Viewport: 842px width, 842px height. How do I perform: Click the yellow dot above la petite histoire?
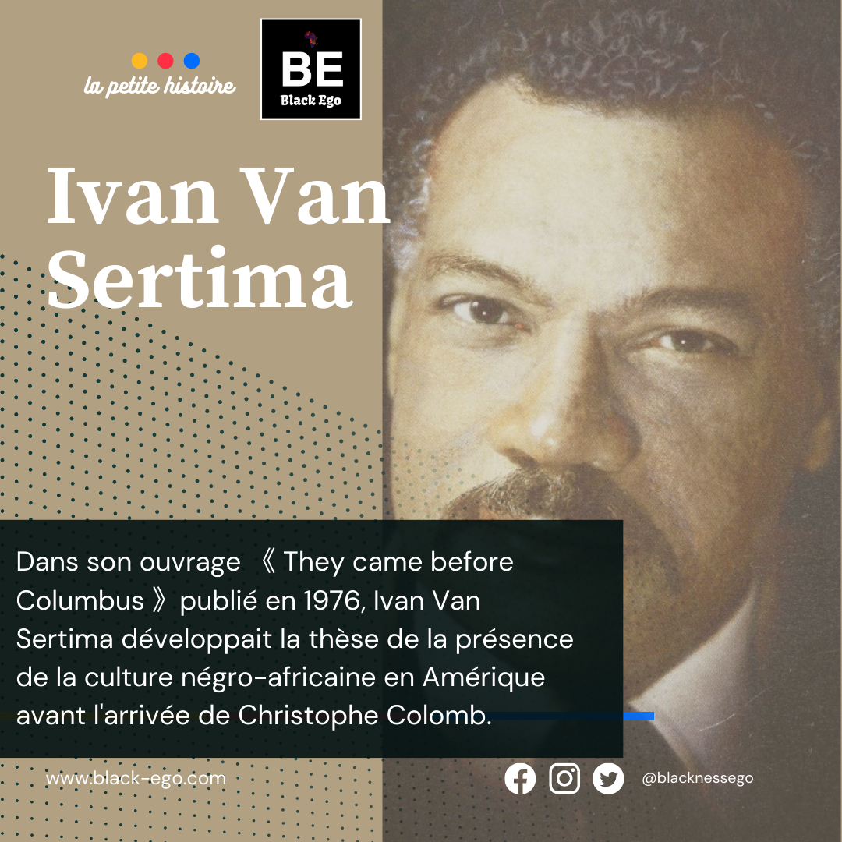[x=139, y=61]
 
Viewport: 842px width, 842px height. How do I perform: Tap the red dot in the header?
[x=165, y=61]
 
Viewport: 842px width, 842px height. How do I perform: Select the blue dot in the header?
[x=192, y=61]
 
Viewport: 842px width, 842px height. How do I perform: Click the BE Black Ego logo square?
[x=310, y=69]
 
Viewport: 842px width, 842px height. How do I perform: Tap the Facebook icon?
[x=520, y=778]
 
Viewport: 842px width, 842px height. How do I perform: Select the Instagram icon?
[x=564, y=778]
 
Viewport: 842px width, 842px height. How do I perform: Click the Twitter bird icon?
[x=608, y=778]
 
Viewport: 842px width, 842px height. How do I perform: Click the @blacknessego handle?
[x=698, y=778]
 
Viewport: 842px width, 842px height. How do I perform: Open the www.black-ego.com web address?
[x=136, y=779]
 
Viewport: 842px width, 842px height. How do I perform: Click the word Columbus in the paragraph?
[x=80, y=600]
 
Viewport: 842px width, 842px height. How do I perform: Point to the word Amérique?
[x=484, y=677]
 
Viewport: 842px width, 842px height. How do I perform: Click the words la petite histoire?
[x=160, y=86]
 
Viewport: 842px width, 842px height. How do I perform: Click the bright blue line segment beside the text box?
[x=639, y=716]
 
